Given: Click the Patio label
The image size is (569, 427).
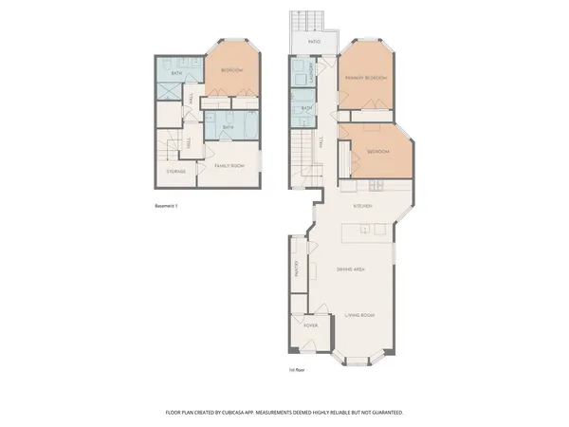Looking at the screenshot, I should [313, 43].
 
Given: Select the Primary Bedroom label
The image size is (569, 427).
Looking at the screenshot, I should [366, 78].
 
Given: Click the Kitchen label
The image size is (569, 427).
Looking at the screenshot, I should [362, 205].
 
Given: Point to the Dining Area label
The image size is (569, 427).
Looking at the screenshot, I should [352, 269].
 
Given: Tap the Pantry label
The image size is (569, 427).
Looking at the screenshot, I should [298, 270].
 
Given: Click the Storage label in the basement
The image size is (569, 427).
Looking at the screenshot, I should [175, 172].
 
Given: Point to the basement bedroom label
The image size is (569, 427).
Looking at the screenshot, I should [232, 71].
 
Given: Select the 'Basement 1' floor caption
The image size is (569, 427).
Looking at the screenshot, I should [166, 206].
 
